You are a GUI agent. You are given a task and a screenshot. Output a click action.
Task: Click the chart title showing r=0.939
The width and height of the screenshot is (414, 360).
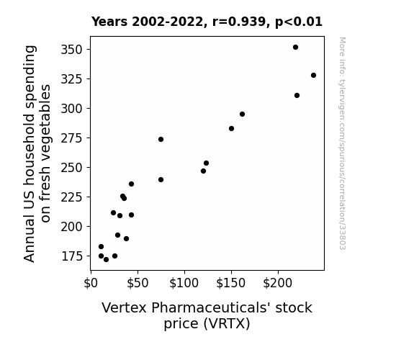[207, 22]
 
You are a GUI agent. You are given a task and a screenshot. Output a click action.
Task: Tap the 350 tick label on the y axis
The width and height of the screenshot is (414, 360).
[72, 50]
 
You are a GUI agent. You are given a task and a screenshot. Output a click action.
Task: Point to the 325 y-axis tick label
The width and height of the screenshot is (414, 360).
[72, 79]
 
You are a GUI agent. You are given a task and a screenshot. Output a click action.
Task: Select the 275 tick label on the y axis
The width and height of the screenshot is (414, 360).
[72, 138]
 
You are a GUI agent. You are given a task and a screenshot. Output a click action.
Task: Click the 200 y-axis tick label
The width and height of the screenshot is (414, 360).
[72, 227]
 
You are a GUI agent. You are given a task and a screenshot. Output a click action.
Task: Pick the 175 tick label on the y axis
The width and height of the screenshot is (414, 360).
[72, 256]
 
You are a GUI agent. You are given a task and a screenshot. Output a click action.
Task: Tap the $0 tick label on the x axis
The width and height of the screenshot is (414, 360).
[91, 284]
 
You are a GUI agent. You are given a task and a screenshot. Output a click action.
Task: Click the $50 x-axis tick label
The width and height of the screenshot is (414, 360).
[138, 284]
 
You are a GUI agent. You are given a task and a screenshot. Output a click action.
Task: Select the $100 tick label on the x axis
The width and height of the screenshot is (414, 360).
[184, 284]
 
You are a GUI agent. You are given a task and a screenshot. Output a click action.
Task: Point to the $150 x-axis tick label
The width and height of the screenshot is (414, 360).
[231, 284]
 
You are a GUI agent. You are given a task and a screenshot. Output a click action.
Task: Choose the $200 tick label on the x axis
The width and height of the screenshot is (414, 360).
[278, 284]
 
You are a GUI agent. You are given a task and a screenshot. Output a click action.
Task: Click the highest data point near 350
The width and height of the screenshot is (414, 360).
[295, 48]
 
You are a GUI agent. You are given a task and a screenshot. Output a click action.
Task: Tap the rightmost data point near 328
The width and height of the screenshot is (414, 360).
[313, 76]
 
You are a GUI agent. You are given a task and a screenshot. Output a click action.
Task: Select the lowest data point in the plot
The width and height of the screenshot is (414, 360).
[106, 260]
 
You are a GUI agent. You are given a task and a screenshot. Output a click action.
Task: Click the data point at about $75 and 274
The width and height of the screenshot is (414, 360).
[161, 139]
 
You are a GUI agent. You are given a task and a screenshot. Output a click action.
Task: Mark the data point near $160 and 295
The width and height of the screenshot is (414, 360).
[242, 114]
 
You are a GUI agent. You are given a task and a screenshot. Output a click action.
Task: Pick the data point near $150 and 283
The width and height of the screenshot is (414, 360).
[231, 129]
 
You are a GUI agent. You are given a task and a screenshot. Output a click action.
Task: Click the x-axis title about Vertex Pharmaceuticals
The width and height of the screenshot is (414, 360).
[207, 315]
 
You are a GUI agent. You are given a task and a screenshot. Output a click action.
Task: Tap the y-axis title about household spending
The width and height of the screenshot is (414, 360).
[37, 153]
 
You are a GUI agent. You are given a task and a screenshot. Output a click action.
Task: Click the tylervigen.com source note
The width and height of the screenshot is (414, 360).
[342, 143]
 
